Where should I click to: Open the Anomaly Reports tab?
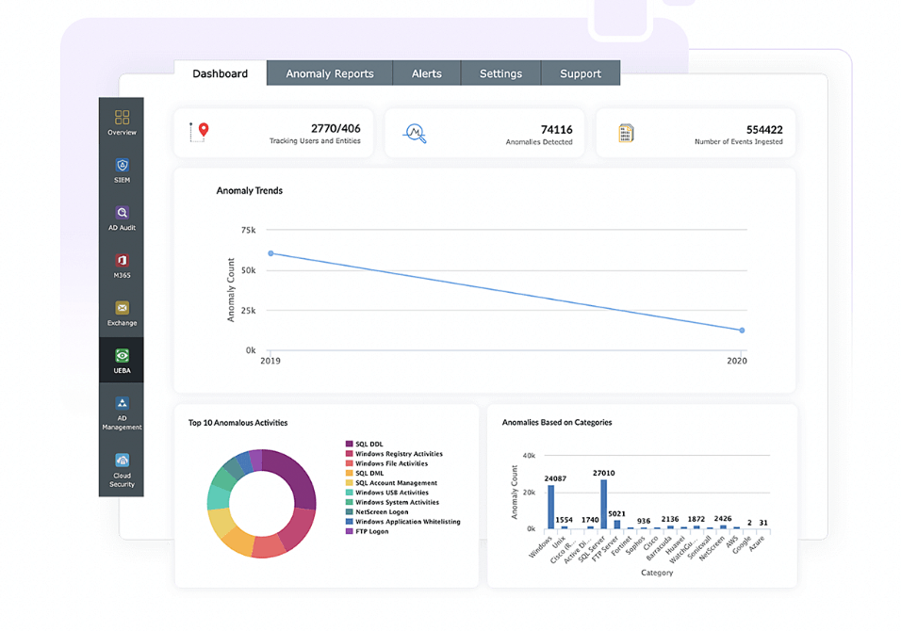[x=330, y=73]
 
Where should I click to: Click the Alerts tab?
[x=426, y=73]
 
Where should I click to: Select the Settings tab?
[x=500, y=73]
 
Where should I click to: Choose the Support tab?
[x=581, y=73]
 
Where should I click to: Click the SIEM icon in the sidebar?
[x=122, y=167]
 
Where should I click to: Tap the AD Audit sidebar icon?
[x=122, y=214]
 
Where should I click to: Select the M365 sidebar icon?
[x=122, y=262]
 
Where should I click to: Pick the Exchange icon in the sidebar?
[x=122, y=309]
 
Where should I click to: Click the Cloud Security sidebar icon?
[x=122, y=461]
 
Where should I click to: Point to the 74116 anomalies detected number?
[x=556, y=129]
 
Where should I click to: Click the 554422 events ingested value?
[x=764, y=129]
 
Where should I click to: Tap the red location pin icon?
[x=203, y=131]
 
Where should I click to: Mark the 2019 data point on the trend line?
[x=270, y=253]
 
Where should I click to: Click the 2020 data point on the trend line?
[x=742, y=331]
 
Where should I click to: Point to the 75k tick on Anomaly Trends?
[x=248, y=230]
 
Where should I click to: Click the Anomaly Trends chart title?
[x=250, y=190]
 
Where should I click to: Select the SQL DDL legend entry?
[x=369, y=444]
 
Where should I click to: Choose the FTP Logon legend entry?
[x=371, y=531]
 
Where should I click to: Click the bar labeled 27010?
[x=603, y=505]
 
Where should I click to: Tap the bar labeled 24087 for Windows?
[x=550, y=508]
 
